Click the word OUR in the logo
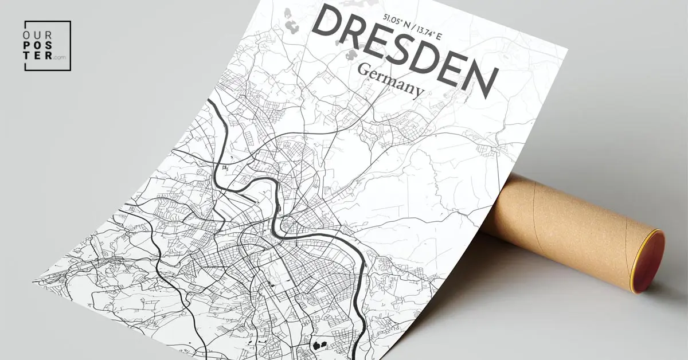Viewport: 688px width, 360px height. click(x=38, y=36)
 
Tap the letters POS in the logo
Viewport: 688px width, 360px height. click(x=38, y=46)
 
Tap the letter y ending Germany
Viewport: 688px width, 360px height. click(x=419, y=92)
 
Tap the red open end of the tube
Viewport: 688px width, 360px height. click(x=649, y=261)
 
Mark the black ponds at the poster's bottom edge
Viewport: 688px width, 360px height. click(x=318, y=345)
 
